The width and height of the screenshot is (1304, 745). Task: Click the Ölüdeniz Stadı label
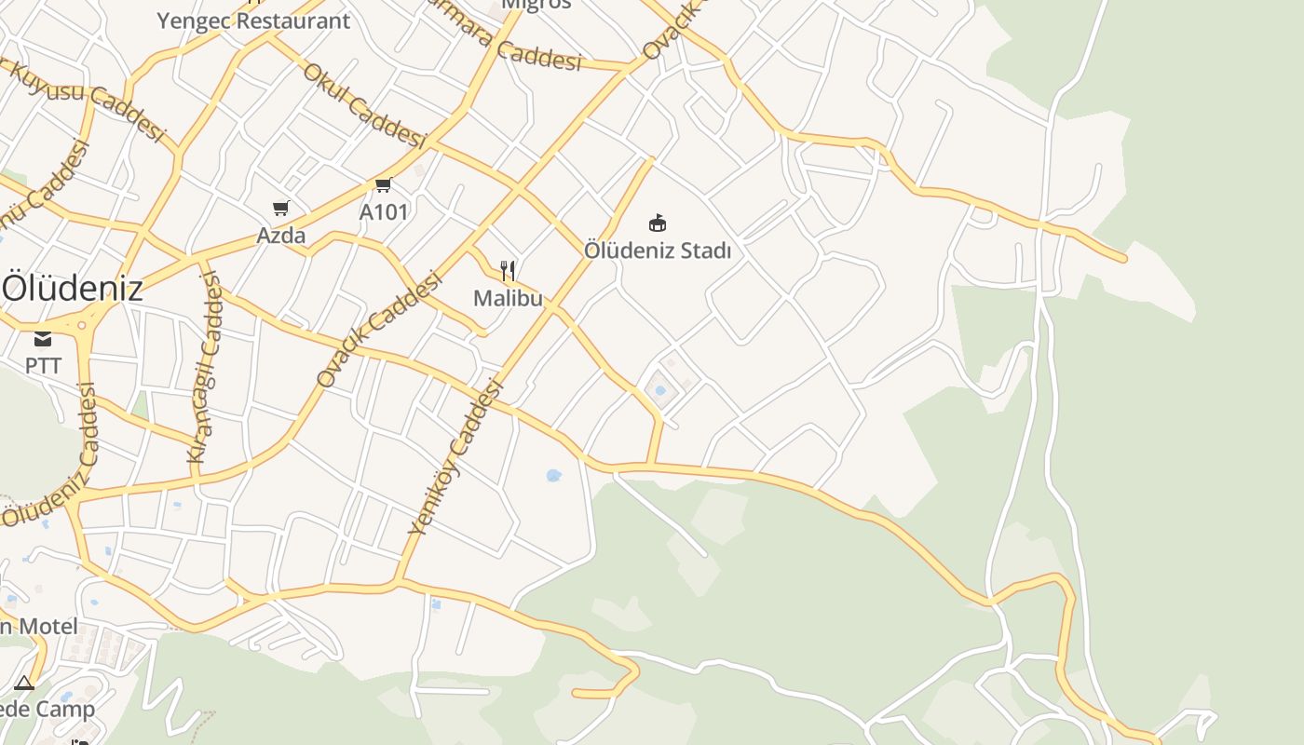click(658, 251)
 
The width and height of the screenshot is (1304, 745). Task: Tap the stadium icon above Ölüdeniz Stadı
click(658, 223)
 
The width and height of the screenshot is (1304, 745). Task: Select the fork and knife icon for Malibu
click(508, 271)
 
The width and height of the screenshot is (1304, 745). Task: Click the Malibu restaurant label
click(508, 298)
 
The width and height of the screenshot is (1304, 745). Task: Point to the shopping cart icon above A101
click(383, 184)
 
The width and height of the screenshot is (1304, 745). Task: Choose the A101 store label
click(384, 212)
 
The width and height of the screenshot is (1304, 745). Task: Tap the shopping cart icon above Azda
click(281, 208)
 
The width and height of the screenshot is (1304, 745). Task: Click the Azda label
click(281, 236)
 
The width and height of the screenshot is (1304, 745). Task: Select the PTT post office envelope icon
click(43, 338)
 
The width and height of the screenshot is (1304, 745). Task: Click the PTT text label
click(43, 366)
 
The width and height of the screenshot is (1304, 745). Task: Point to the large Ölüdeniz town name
click(73, 288)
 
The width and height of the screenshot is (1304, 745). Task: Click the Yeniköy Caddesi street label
click(455, 457)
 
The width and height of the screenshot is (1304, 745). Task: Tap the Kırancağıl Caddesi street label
click(206, 367)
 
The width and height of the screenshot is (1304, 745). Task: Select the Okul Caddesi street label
click(364, 105)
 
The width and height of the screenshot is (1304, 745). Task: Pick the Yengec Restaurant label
click(253, 20)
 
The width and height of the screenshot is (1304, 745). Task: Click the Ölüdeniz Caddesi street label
click(51, 457)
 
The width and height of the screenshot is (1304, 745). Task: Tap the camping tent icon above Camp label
click(24, 684)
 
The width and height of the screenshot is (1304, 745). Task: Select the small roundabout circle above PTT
click(82, 326)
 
